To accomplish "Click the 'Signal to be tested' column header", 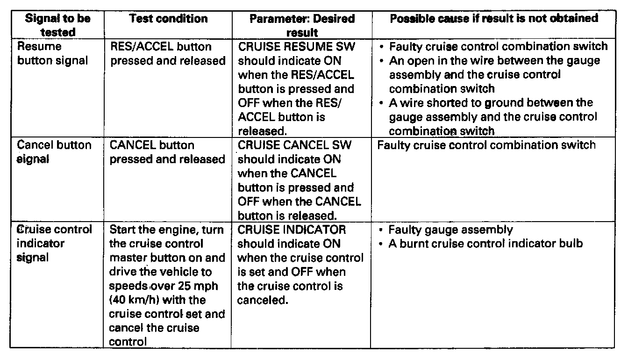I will [57, 25].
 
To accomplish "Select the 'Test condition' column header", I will [168, 19].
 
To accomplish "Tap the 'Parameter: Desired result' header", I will [302, 26].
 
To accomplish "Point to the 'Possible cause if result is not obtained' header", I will [493, 18].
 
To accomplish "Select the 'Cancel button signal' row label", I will [54, 152].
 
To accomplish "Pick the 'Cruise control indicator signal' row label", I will [54, 244].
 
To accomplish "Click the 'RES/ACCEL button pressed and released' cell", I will [167, 54].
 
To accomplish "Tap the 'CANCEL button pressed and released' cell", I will [167, 152].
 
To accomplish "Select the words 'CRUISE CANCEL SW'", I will [295, 145].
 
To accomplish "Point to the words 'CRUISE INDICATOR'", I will [292, 230].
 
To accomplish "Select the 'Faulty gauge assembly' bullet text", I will [450, 230].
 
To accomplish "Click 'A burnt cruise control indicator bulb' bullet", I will [485, 244].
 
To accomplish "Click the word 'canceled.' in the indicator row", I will [262, 300].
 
